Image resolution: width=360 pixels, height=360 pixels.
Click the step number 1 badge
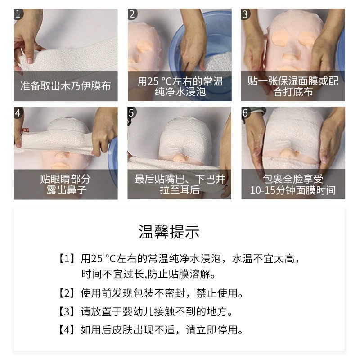(18, 14)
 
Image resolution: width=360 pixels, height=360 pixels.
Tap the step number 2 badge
(132, 14)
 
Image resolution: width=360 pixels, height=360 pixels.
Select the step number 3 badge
(245, 14)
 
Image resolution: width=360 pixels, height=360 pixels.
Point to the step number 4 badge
(18, 112)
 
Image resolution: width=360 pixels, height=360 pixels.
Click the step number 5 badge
(132, 112)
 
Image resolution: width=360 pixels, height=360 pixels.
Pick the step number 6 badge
(246, 112)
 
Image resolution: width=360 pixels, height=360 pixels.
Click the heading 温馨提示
(169, 232)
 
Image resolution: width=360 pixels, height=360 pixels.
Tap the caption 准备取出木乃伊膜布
(66, 86)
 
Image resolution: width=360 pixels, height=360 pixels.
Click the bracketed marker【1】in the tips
(67, 258)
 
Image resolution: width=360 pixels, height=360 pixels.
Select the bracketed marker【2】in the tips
(67, 293)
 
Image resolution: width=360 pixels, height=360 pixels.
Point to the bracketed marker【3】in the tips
(67, 311)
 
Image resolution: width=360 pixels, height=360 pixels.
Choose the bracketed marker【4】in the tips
(67, 330)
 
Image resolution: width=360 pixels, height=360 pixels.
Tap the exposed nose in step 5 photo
(179, 158)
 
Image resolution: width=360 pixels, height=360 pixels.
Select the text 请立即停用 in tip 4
(212, 330)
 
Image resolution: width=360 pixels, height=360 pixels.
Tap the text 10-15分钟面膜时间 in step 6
(293, 190)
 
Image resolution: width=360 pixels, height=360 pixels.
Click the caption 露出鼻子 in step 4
(66, 190)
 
